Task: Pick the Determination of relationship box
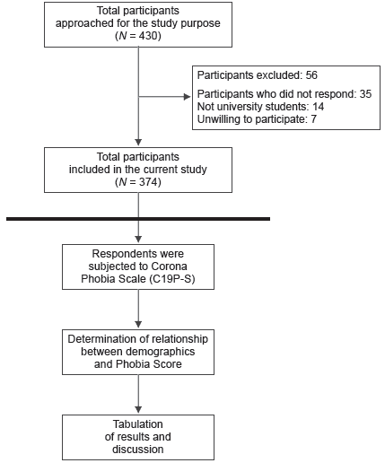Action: [137, 353]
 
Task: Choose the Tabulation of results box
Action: [137, 436]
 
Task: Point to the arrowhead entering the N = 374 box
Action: [137, 142]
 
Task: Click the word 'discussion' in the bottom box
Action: [137, 448]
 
